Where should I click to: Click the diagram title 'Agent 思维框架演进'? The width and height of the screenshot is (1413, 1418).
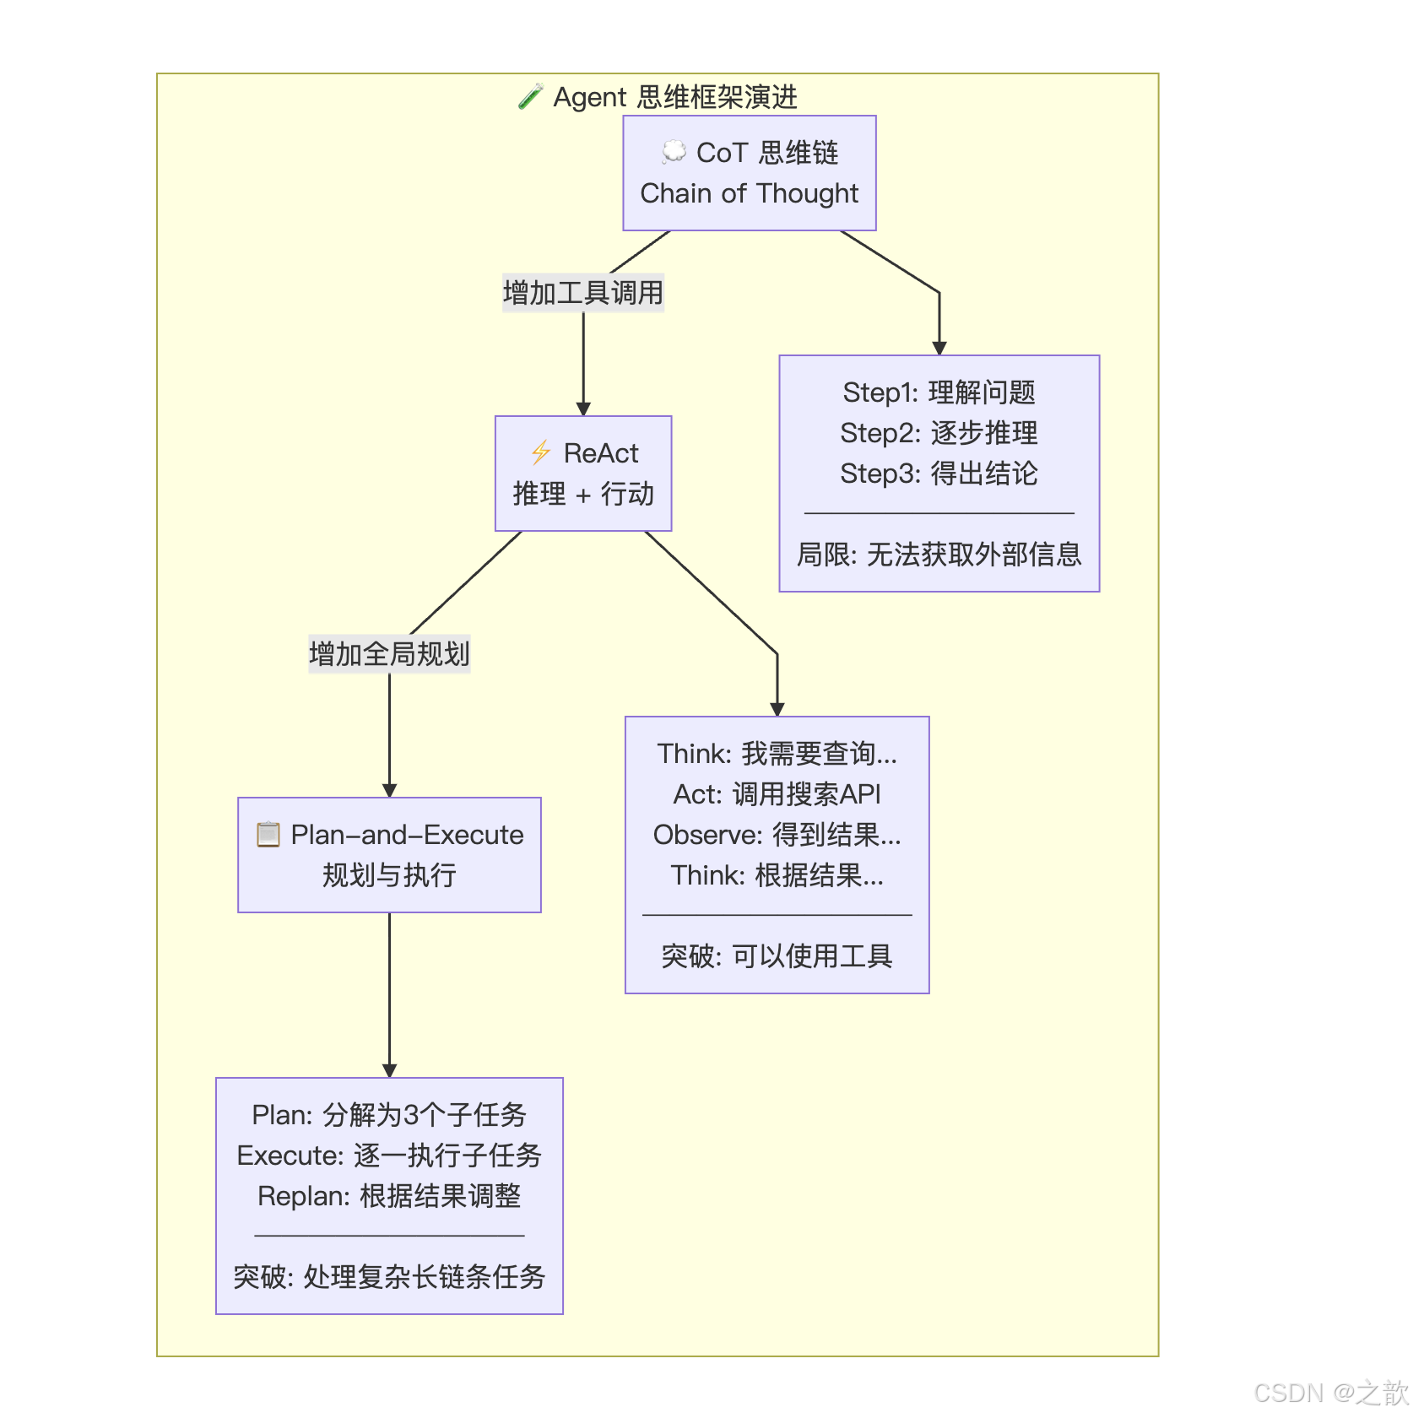(x=674, y=97)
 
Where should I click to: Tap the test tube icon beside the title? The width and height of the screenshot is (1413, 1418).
(x=530, y=97)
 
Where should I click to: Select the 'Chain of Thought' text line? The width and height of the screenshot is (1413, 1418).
(x=749, y=193)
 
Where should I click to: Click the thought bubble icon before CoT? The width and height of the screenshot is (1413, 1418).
(x=674, y=152)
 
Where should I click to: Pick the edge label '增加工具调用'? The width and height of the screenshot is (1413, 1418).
(x=583, y=293)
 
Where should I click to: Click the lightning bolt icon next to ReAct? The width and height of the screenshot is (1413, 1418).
(x=541, y=453)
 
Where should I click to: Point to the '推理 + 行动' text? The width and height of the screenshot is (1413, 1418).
(x=583, y=494)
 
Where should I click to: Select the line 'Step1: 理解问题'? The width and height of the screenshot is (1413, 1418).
(x=939, y=392)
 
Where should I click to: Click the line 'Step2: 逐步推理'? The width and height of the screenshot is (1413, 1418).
(x=939, y=433)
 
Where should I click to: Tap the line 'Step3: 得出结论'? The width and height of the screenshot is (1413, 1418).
(x=939, y=474)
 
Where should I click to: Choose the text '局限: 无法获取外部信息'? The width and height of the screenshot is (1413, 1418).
(x=939, y=555)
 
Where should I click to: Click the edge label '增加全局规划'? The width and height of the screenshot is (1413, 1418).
(x=389, y=654)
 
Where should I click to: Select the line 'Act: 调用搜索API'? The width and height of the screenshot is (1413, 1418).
(x=777, y=794)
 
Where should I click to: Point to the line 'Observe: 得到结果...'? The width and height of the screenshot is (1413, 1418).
(x=777, y=835)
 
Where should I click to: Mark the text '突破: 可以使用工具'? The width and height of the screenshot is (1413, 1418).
(x=777, y=956)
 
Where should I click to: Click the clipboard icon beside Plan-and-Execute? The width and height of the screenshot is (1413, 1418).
(x=268, y=835)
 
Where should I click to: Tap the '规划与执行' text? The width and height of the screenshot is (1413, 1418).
(x=389, y=875)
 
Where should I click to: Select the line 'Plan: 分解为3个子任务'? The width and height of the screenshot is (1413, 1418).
(x=389, y=1115)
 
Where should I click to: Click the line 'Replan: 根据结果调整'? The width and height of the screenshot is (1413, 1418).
(x=389, y=1196)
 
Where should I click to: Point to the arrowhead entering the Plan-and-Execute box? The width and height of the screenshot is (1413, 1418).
(x=389, y=790)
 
